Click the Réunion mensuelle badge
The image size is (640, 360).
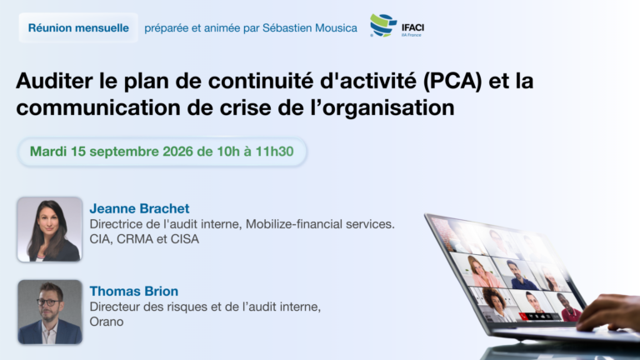(x=78, y=27)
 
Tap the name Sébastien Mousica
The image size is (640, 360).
(x=310, y=27)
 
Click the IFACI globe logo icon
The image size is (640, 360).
(x=382, y=25)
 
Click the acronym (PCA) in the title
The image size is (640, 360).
(x=452, y=81)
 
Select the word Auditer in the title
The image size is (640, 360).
(x=54, y=81)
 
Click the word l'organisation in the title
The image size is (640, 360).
(x=382, y=108)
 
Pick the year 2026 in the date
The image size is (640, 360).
(x=177, y=152)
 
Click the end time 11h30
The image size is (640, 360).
(x=274, y=152)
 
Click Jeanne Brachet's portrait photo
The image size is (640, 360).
(x=50, y=229)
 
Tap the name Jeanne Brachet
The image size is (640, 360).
(x=140, y=208)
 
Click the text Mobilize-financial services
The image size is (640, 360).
(x=320, y=224)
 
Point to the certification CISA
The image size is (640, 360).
(x=185, y=239)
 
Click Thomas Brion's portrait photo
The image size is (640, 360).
(x=50, y=312)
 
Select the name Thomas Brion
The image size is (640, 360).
(x=134, y=291)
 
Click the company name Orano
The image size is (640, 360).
(x=107, y=322)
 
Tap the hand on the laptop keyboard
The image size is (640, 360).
(x=610, y=313)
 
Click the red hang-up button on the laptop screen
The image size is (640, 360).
(x=522, y=316)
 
